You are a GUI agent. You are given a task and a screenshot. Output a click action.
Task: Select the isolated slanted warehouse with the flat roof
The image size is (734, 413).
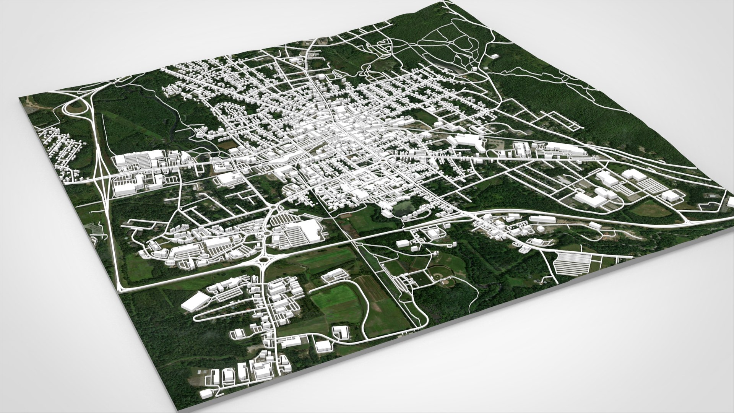coord(195,302)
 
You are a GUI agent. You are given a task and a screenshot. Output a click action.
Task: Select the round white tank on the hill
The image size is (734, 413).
coord(474,69)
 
